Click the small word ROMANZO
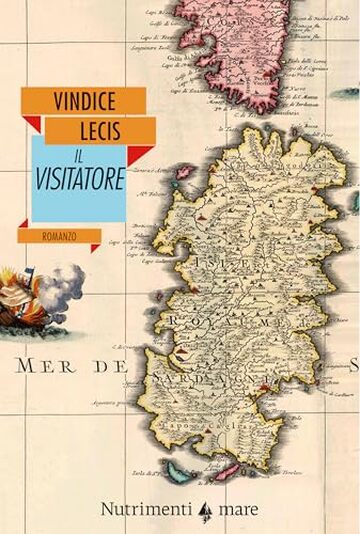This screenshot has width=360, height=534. pos(62,237)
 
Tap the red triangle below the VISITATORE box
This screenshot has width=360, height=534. pos(95,246)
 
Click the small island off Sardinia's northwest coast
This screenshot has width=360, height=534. pos(185,171)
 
